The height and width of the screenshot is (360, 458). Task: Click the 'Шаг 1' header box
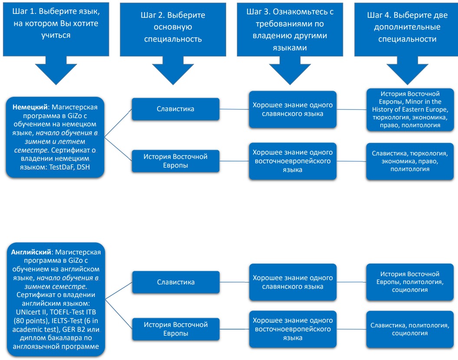56,29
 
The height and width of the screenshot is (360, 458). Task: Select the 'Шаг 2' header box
173,29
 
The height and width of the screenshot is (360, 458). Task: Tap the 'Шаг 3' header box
290,29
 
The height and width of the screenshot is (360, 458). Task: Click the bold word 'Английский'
31,252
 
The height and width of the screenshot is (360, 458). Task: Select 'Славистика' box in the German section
175,109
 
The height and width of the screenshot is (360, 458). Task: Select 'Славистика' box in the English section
176,282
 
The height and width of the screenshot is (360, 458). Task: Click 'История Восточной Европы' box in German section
175,161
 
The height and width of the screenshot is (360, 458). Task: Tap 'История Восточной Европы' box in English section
176,329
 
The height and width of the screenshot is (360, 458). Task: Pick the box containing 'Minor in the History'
410,109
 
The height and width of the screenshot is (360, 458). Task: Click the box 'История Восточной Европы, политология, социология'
410,282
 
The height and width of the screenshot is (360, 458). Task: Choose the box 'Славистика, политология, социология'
410,329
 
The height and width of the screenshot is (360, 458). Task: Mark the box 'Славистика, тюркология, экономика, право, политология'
410,161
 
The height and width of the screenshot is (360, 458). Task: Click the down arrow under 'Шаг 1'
56,70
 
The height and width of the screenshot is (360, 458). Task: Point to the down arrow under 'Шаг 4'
407,70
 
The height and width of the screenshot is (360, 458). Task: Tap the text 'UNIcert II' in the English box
31,312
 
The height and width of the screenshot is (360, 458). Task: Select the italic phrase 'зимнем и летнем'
55,142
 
